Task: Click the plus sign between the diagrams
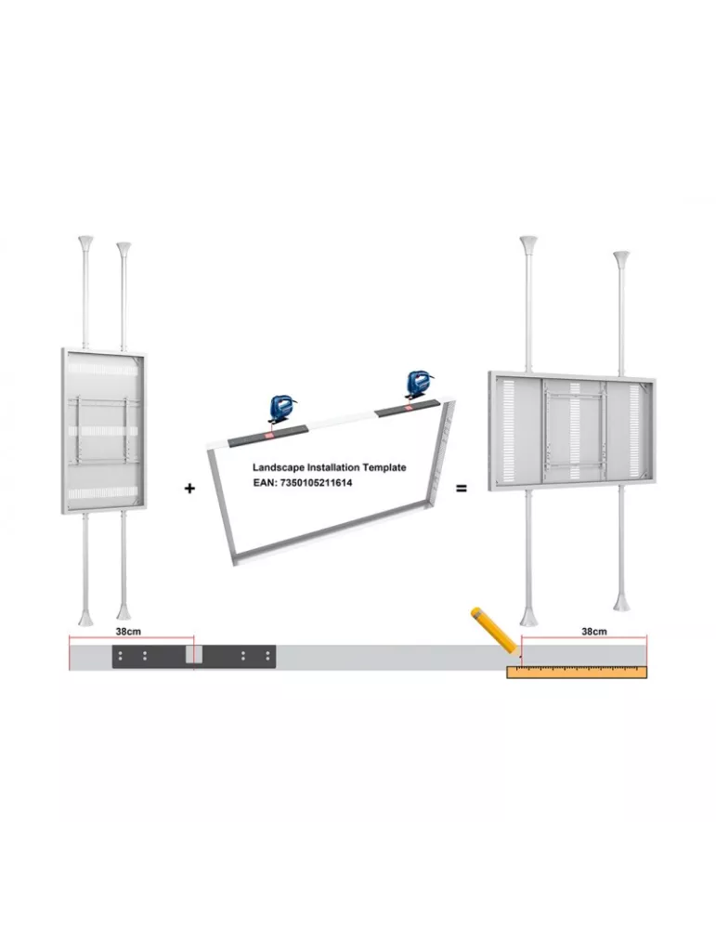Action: [189, 489]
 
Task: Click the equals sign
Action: [462, 489]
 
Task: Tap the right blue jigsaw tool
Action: [417, 385]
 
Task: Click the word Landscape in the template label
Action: [278, 467]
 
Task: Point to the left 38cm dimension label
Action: [128, 631]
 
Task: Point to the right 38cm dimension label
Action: [593, 631]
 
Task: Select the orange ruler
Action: [577, 672]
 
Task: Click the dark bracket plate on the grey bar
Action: [194, 657]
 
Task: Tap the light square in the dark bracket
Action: [194, 654]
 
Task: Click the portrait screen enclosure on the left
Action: [104, 431]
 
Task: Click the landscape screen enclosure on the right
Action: [571, 431]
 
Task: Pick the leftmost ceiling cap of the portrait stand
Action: [85, 242]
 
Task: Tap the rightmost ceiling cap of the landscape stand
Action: [621, 258]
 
